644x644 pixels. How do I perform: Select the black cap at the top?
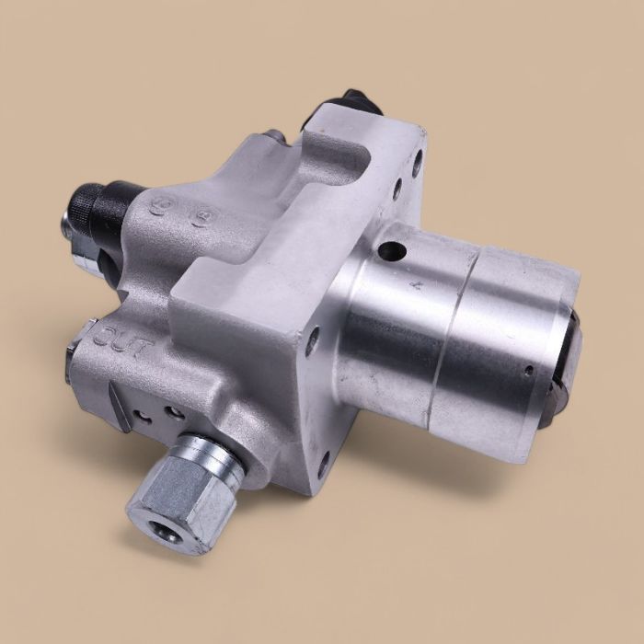point(362,103)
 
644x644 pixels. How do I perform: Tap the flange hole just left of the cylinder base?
point(312,342)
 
